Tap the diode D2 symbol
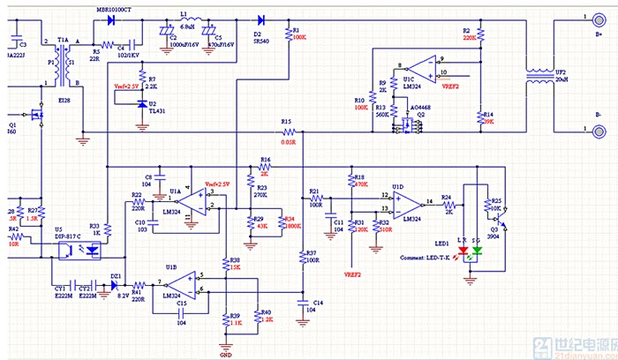[x=261, y=19]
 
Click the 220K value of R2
[x=469, y=38]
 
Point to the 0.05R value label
[x=287, y=140]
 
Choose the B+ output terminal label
[x=598, y=34]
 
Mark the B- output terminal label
[x=598, y=115]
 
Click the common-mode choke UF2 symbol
[x=537, y=78]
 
